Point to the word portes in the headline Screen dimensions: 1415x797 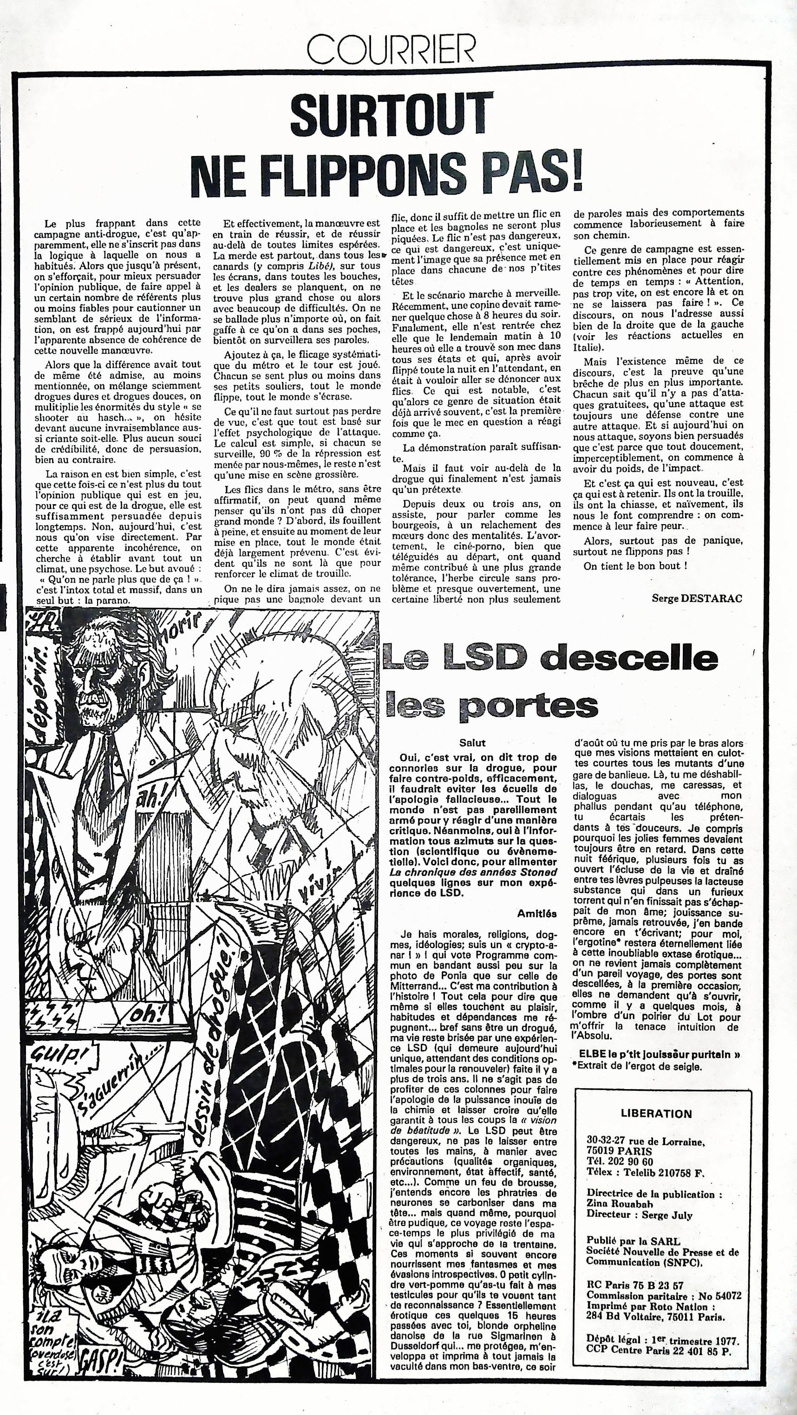click(x=528, y=706)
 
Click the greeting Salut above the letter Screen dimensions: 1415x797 click(x=472, y=743)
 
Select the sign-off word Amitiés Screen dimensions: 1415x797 click(x=536, y=914)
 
